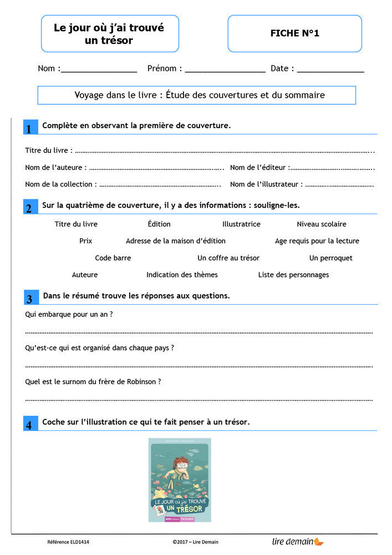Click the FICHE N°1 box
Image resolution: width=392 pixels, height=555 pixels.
pos(294,33)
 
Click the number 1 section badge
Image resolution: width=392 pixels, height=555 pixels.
pos(29,128)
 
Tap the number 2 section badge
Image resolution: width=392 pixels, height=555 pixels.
pos(29,208)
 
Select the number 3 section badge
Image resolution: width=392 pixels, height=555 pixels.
pos(29,298)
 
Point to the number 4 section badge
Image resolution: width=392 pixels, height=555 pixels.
pos(29,425)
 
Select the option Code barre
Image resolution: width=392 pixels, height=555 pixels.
pos(113,258)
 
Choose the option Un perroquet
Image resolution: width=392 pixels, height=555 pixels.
pos(330,258)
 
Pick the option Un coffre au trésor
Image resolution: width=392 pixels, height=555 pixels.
pos(228,258)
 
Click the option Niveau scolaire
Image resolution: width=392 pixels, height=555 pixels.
pos(322,224)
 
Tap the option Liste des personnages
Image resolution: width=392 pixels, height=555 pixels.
pos(293,275)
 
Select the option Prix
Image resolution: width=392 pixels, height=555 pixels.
pos(86,241)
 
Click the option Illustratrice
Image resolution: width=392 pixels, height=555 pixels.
pos(241,224)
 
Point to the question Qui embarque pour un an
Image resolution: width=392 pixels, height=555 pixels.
pos(69,314)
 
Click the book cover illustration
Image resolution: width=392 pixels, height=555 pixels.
pos(180,480)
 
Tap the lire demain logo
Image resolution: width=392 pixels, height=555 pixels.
pos(298,541)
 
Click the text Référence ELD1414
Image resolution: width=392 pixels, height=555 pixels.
pos(68,542)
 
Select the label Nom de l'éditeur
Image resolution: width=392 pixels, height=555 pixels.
pos(259,168)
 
